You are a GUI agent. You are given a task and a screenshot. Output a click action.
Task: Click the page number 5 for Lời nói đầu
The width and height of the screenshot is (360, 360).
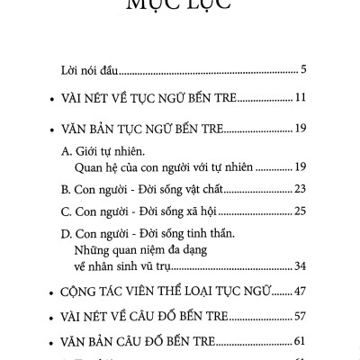point(305,68)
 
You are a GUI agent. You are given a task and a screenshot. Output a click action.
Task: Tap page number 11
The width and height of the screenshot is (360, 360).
point(302,97)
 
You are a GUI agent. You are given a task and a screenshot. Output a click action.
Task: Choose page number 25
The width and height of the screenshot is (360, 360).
point(301,212)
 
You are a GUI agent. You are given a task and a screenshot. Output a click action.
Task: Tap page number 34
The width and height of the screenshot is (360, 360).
point(301,266)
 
